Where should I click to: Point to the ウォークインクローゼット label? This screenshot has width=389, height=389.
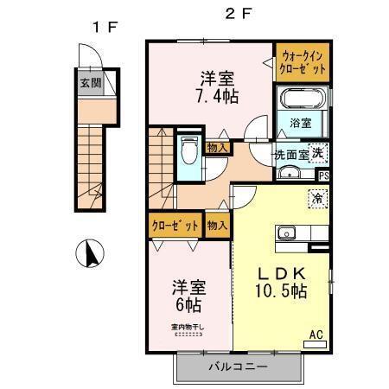[303, 62]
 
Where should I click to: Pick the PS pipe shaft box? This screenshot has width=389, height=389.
[323, 175]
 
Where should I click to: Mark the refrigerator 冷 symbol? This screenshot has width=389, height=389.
[317, 196]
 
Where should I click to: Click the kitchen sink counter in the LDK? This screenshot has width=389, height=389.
[297, 233]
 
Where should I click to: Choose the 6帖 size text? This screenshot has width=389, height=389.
[188, 304]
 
